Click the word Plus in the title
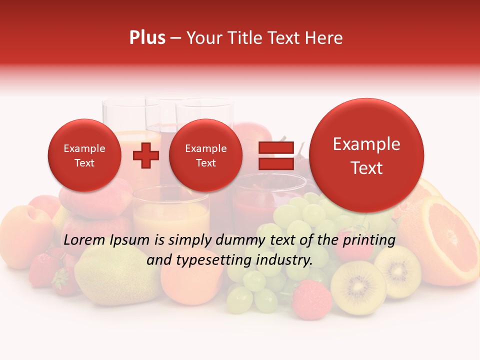pyautogui.click(x=147, y=38)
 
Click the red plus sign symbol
pyautogui.click(x=145, y=155)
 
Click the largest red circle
pyautogui.click(x=366, y=155)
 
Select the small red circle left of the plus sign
pyautogui.click(x=84, y=155)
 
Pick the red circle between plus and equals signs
pyautogui.click(x=205, y=155)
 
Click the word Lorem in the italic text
pyautogui.click(x=84, y=240)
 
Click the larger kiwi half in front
pyautogui.click(x=358, y=287)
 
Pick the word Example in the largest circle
pyautogui.click(x=366, y=144)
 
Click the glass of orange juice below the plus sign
pyautogui.click(x=171, y=215)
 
